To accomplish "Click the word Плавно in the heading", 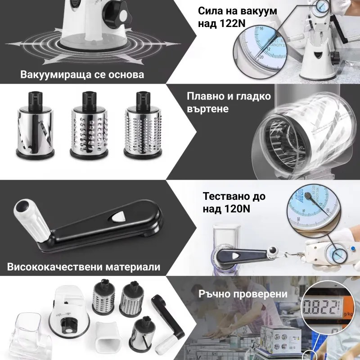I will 204,97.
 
